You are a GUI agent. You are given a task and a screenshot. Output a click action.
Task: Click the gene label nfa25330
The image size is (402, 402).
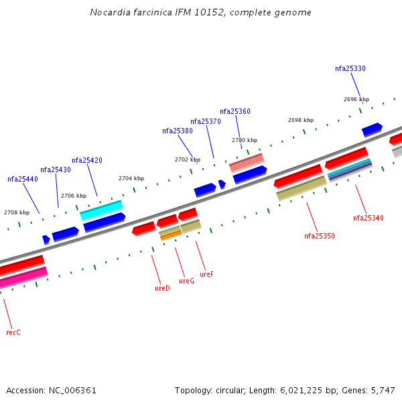(x=350, y=68)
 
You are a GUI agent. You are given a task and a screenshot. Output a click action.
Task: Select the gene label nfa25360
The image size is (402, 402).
(x=234, y=111)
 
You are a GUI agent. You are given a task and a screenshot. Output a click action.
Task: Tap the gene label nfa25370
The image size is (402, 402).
(x=205, y=121)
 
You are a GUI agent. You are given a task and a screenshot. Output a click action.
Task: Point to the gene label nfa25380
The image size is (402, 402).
(x=177, y=131)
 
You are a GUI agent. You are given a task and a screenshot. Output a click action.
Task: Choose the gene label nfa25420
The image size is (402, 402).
(x=86, y=160)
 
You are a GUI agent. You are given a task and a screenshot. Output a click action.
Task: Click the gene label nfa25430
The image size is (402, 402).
(x=55, y=170)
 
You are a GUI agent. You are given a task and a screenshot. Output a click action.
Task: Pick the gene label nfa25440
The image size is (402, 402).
(x=22, y=179)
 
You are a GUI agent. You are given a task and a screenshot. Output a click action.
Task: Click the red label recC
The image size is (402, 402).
(x=13, y=332)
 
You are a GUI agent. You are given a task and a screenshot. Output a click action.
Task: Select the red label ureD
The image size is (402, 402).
(x=162, y=288)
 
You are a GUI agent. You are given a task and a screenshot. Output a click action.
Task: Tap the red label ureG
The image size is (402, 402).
(x=186, y=281)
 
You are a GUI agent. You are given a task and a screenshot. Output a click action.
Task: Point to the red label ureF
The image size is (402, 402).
(x=206, y=274)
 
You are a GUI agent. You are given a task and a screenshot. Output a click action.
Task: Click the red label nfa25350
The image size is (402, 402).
(x=319, y=236)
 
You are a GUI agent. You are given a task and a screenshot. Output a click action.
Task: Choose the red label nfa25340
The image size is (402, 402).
(x=368, y=218)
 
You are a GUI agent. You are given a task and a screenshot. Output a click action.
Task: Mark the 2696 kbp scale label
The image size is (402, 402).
(x=356, y=99)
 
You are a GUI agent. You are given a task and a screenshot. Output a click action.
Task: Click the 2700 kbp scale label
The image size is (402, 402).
(x=244, y=140)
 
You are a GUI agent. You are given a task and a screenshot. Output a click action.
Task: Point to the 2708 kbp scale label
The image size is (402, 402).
(x=16, y=212)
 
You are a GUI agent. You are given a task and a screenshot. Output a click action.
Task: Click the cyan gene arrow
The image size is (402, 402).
(x=101, y=210)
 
